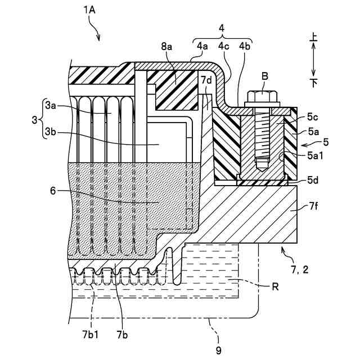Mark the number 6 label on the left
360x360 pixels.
(53, 191)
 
